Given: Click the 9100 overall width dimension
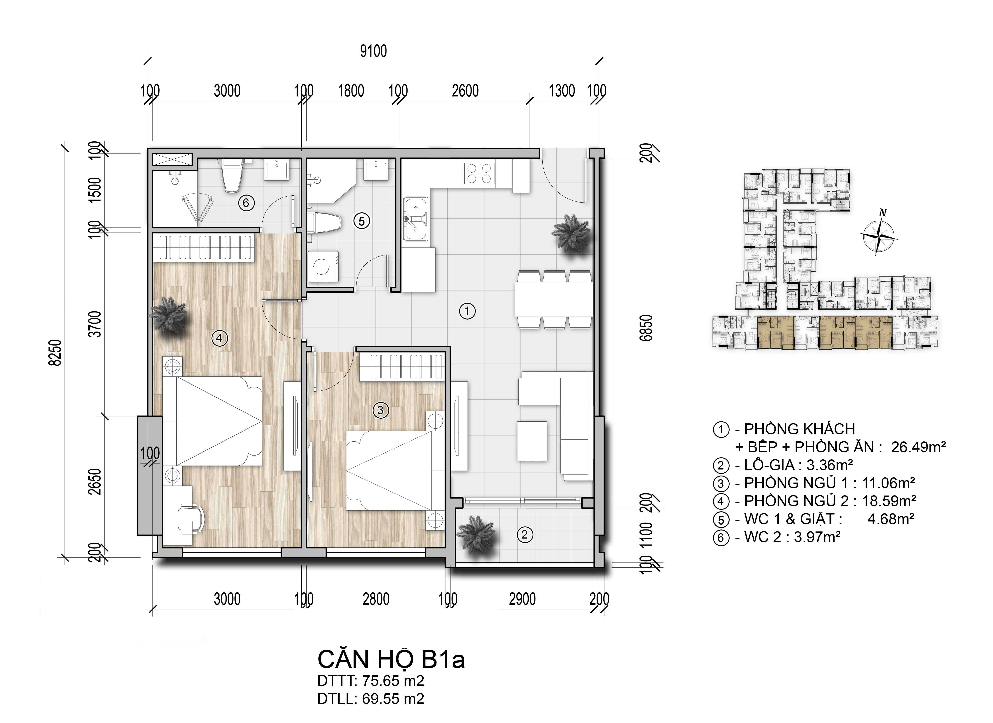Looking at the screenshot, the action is click(x=373, y=51).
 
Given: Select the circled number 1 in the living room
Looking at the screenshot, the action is click(x=467, y=311).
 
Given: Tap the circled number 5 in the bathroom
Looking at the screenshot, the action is click(x=362, y=221).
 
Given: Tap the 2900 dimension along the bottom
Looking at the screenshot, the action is click(x=522, y=599).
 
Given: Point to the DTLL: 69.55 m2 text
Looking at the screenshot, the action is click(x=371, y=698).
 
